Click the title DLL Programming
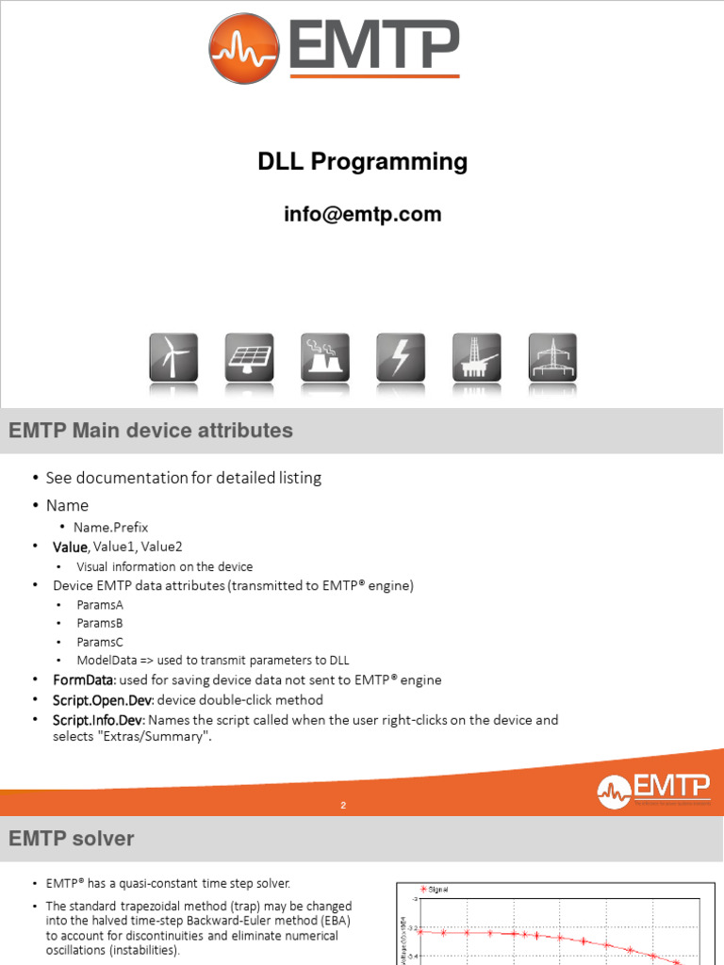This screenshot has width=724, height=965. point(363,162)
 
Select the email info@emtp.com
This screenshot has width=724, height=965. point(363,214)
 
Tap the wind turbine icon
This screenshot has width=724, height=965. point(173,358)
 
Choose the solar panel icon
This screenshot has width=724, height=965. point(249,358)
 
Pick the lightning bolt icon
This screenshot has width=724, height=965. point(401,358)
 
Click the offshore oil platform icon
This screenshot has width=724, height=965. point(476,358)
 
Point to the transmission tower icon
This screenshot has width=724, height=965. point(552,358)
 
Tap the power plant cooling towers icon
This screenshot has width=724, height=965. point(325,358)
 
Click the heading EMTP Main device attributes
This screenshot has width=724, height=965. point(151,431)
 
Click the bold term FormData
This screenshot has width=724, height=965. point(81,679)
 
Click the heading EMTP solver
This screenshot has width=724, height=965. point(72,838)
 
